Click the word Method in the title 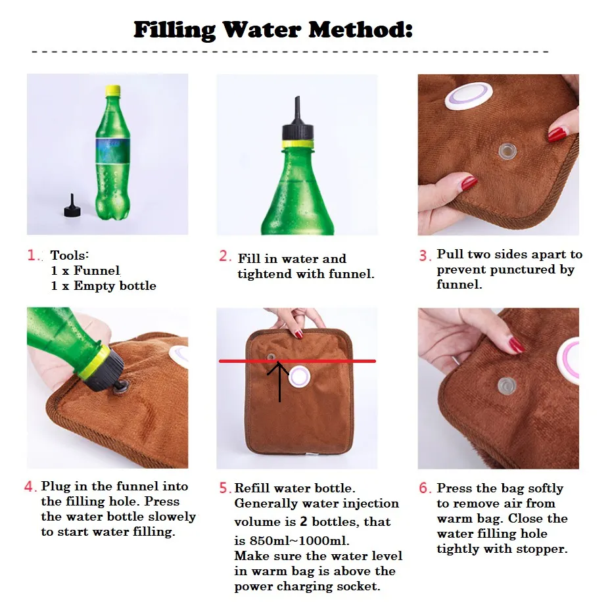[x=360, y=30]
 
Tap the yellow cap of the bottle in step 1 [x=113, y=91]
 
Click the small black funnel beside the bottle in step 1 [x=72, y=206]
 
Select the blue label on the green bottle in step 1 [x=113, y=151]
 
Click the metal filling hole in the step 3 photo [x=507, y=151]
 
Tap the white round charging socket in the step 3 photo [x=469, y=96]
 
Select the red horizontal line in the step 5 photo [x=297, y=361]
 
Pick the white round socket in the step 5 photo [x=299, y=377]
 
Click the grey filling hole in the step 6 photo [x=507, y=387]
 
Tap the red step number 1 [x=32, y=255]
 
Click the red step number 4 [x=30, y=486]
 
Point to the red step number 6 [x=425, y=488]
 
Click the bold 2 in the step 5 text [x=303, y=521]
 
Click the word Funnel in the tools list [x=97, y=270]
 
